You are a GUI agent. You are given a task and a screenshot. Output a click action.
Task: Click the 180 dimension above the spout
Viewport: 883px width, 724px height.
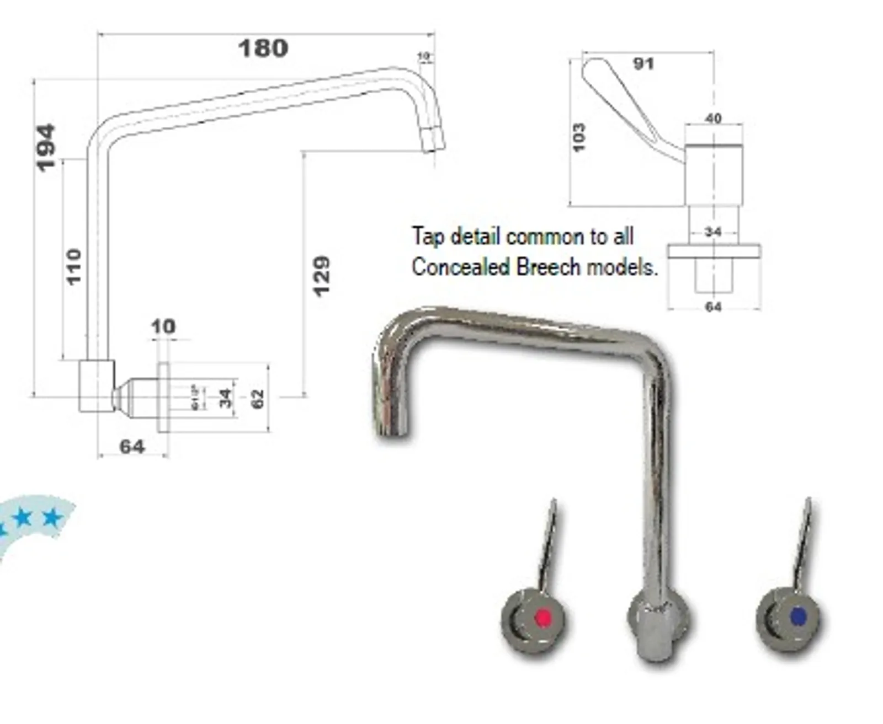click(x=263, y=49)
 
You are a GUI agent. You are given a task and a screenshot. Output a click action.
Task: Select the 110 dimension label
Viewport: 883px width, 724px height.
click(x=74, y=267)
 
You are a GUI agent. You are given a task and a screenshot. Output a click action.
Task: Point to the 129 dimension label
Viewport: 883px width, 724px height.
click(x=321, y=276)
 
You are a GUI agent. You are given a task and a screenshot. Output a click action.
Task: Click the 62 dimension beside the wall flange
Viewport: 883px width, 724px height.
click(x=257, y=399)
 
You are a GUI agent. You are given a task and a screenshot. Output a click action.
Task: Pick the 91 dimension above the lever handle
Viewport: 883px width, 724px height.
click(x=643, y=64)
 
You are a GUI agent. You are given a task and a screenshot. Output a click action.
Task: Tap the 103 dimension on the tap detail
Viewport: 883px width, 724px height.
click(x=578, y=137)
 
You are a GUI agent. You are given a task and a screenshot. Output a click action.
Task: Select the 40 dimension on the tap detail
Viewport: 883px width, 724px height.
click(x=713, y=118)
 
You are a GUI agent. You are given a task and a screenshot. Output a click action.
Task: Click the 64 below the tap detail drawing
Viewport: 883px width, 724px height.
click(x=713, y=307)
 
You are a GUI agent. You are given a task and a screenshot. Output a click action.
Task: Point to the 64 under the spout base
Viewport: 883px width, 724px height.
click(x=132, y=446)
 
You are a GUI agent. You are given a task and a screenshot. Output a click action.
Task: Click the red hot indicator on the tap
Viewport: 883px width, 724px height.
click(x=543, y=618)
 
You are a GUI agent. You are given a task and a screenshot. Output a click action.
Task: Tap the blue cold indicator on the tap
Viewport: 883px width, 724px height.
click(x=798, y=617)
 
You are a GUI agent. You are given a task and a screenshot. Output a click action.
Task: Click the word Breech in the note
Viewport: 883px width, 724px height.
click(x=549, y=267)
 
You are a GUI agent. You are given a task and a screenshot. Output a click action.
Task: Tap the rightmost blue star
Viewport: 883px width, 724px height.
click(x=52, y=518)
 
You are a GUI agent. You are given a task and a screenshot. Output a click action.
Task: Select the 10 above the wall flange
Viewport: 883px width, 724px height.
click(x=163, y=326)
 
